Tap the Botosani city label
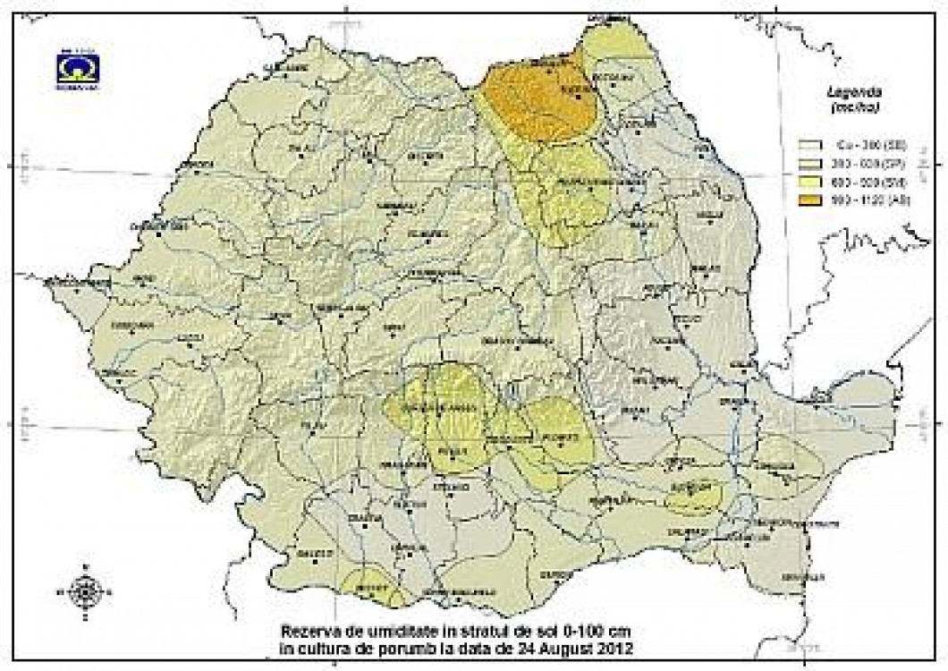pyautogui.click(x=613, y=77)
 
